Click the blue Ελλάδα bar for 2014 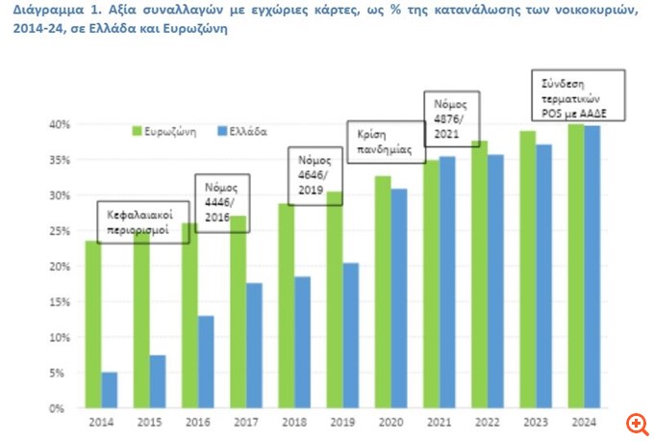tap(109, 390)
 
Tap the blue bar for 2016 tap(206, 361)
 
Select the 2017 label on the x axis tap(246, 423)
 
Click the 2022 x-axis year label tap(487, 423)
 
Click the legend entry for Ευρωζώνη tap(166, 129)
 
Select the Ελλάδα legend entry tap(239, 129)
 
